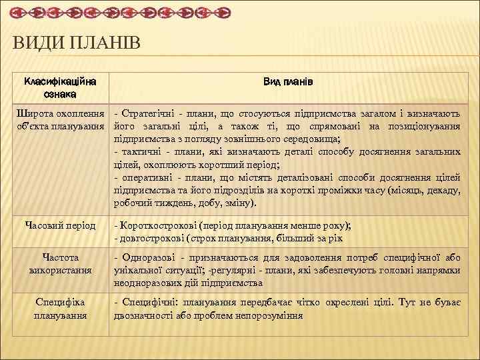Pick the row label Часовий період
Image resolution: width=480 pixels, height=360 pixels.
click(60, 225)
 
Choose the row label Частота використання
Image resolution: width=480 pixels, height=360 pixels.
click(60, 263)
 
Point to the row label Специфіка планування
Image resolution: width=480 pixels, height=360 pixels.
click(60, 308)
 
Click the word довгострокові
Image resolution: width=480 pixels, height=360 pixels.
click(152, 238)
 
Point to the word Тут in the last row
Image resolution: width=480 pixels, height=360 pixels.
click(406, 302)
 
